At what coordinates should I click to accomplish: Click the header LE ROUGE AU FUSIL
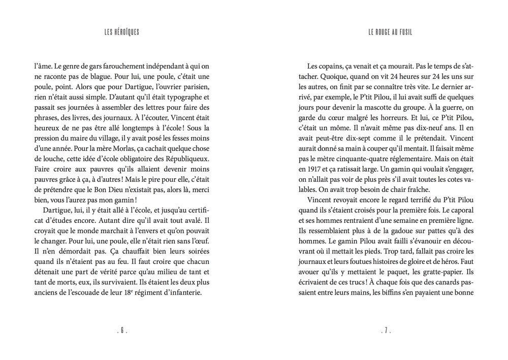(390, 32)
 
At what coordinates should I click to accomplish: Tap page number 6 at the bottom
(122, 331)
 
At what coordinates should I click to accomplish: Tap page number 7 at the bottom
(386, 331)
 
